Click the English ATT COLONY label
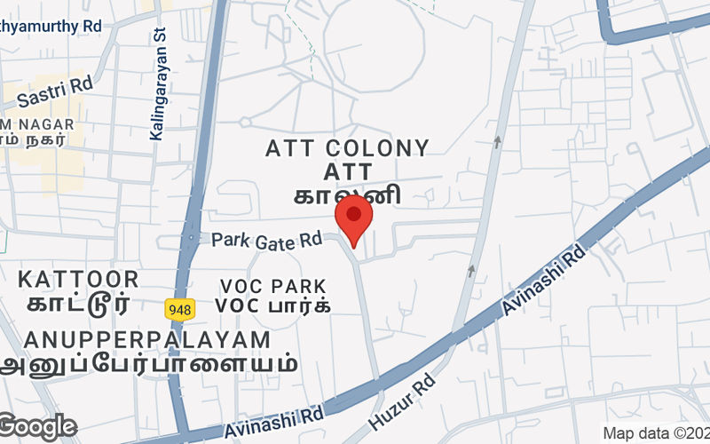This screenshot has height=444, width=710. tap(348, 148)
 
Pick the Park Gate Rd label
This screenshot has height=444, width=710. tap(266, 240)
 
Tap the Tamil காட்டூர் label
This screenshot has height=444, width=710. tap(78, 305)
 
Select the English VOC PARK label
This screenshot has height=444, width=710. tap(273, 287)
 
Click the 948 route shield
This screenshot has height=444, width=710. tap(177, 307)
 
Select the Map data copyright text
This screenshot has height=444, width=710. tap(655, 433)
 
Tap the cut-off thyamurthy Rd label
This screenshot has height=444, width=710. tap(51, 28)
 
